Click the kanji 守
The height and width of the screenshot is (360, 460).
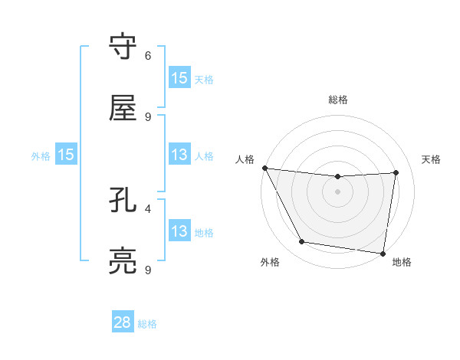pyautogui.click(x=123, y=48)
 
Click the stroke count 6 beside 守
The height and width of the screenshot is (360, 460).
pyautogui.click(x=148, y=56)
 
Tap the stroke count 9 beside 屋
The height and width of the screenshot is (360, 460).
pyautogui.click(x=148, y=116)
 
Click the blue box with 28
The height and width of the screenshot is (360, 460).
pyautogui.click(x=123, y=322)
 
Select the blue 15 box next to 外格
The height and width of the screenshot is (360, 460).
pyautogui.click(x=66, y=155)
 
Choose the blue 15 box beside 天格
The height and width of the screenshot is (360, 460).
pyautogui.click(x=179, y=77)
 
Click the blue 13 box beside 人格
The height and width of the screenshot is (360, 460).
pyautogui.click(x=179, y=155)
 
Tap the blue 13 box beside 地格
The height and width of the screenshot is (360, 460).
pyautogui.click(x=179, y=231)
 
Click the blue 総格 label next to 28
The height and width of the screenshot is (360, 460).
pyautogui.click(x=147, y=323)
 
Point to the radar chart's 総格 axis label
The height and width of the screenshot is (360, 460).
pyautogui.click(x=338, y=100)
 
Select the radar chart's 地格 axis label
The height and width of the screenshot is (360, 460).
pyautogui.click(x=402, y=262)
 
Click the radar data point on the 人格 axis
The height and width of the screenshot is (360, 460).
pyautogui.click(x=265, y=168)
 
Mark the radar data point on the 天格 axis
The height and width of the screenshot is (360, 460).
pyautogui.click(x=396, y=172)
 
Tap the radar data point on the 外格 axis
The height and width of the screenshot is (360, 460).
pyautogui.click(x=301, y=242)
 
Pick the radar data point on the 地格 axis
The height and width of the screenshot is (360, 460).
pyautogui.click(x=383, y=253)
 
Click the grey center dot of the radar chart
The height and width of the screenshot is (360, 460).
pyautogui.click(x=338, y=191)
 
